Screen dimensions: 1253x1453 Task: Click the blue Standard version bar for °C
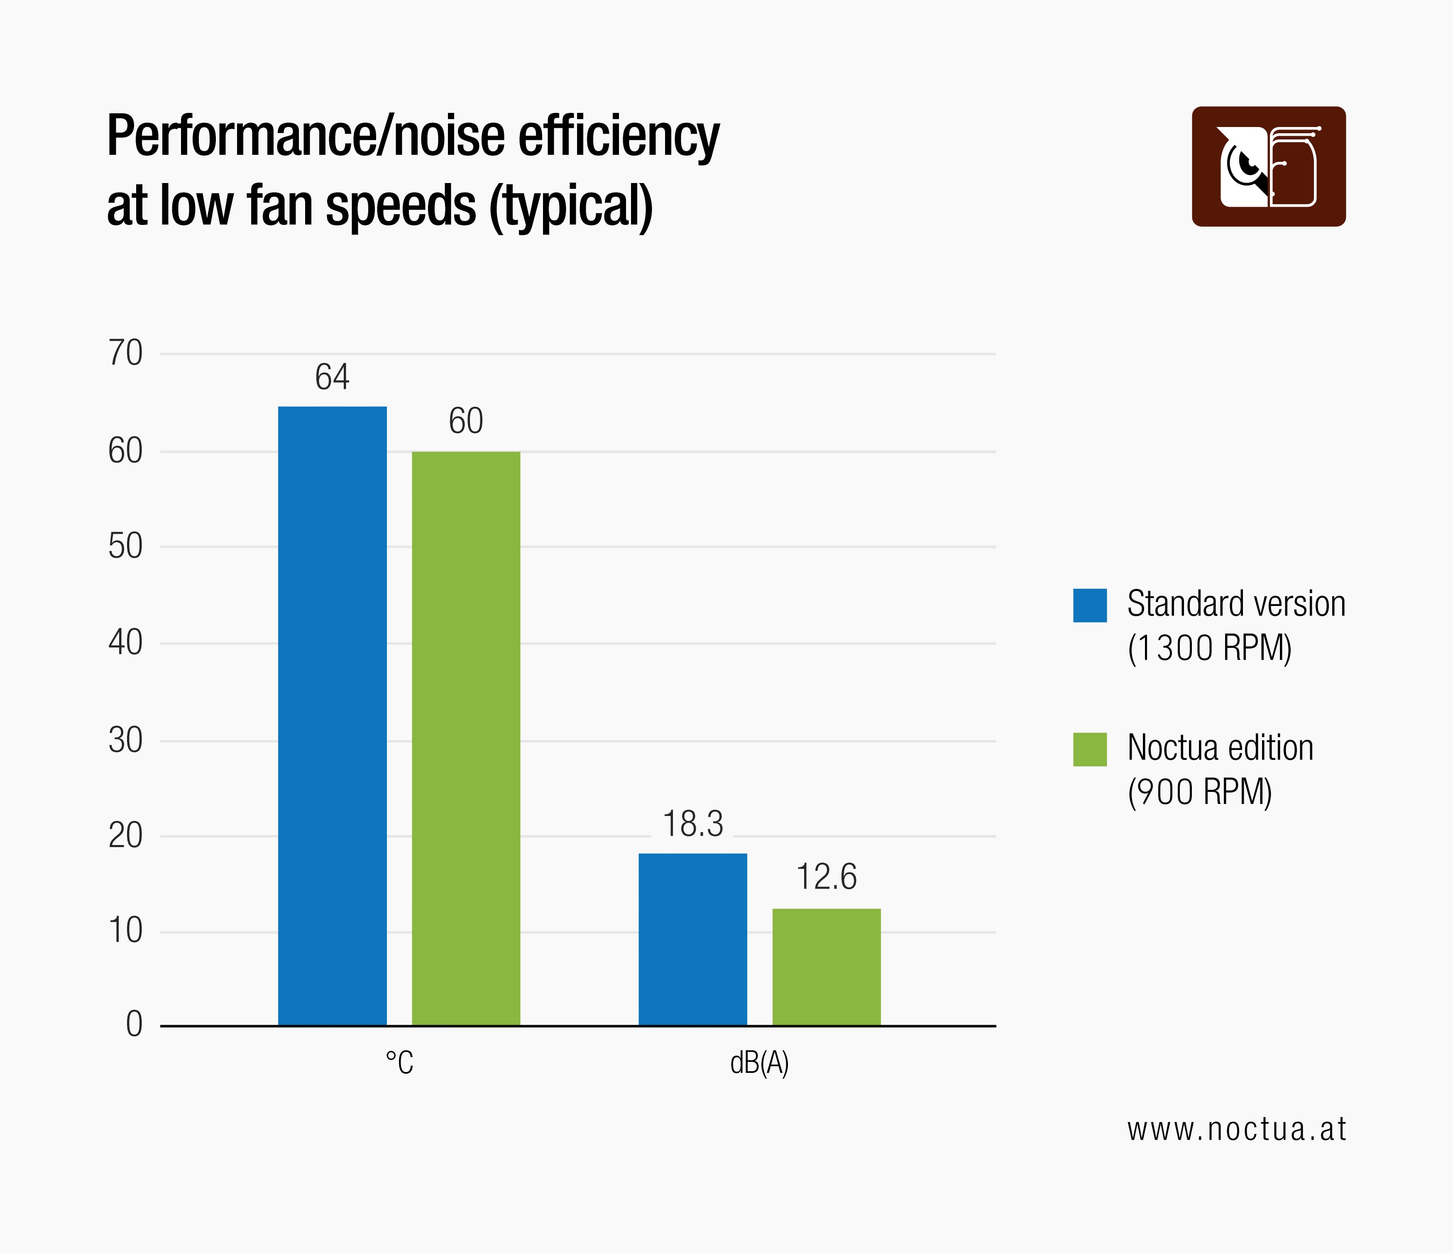(x=333, y=715)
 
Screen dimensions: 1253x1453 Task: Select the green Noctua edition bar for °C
(x=466, y=738)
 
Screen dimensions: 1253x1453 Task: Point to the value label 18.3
(x=693, y=824)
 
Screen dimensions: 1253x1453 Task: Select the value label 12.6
(x=826, y=877)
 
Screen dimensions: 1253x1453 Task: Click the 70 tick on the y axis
(x=125, y=353)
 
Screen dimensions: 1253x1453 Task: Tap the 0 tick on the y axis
(x=134, y=1024)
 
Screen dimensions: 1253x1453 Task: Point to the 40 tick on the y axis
(x=125, y=642)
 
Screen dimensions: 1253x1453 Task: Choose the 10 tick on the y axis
(x=125, y=931)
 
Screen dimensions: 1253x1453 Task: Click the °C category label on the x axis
(x=399, y=1063)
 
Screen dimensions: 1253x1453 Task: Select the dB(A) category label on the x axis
(x=759, y=1063)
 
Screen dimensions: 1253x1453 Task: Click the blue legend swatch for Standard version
(x=1090, y=605)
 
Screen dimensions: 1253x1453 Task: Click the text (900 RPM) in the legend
(x=1199, y=792)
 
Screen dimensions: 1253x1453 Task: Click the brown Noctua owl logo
(x=1269, y=166)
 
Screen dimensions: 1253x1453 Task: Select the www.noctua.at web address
(x=1236, y=1130)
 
